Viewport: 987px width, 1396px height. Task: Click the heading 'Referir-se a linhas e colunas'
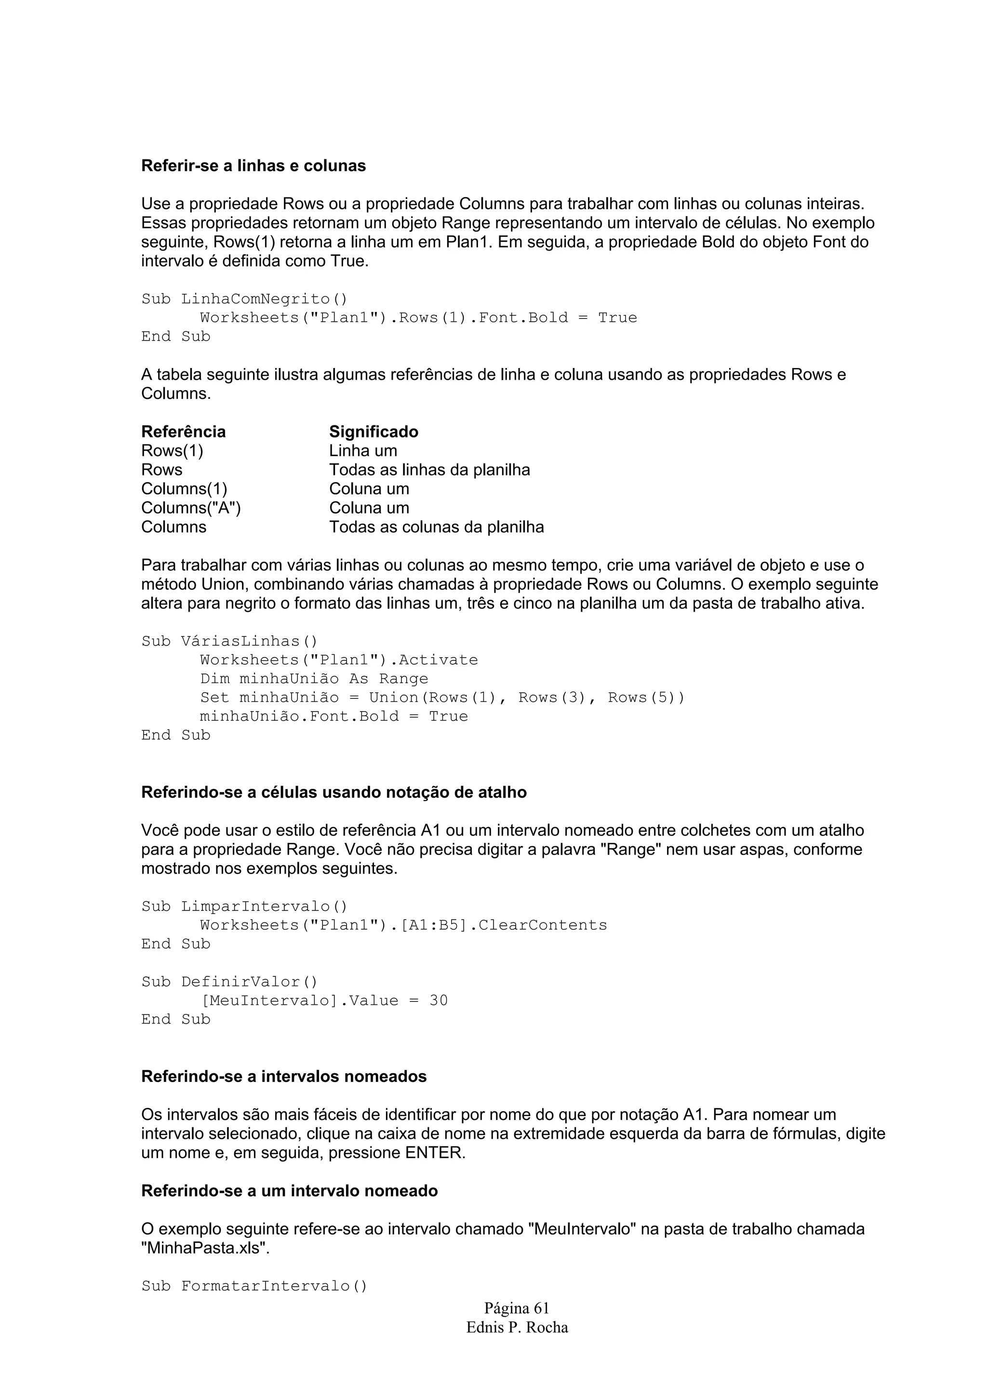coord(253,166)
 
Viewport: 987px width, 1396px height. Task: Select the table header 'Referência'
coord(183,432)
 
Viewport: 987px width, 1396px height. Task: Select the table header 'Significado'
coord(373,432)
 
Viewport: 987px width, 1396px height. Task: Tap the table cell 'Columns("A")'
coord(191,508)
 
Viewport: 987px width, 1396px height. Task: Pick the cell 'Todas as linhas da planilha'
coord(429,470)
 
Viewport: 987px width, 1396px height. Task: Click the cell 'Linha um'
coord(363,451)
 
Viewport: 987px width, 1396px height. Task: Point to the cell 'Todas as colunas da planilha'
coord(436,527)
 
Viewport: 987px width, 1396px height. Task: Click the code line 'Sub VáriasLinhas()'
coord(229,642)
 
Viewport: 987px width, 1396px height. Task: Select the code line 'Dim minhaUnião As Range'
coord(314,679)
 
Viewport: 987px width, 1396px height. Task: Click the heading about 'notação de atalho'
coord(334,793)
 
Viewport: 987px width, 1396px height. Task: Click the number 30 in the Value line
coord(439,1001)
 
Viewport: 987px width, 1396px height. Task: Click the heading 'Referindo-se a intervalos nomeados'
coord(283,1077)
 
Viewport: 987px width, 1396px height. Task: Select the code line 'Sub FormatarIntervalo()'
coord(254,1287)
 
